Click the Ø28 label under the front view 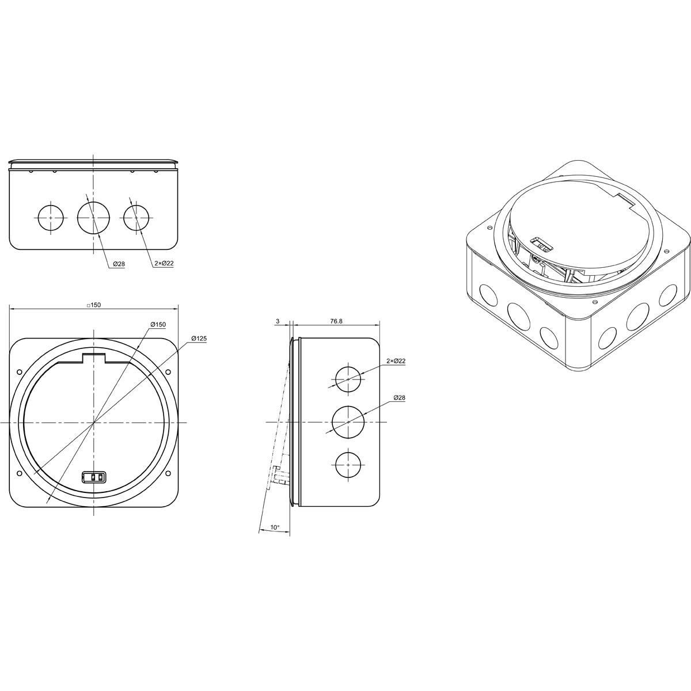tap(119, 264)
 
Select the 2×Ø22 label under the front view tap(164, 263)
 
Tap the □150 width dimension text tap(94, 305)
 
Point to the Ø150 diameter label tap(158, 325)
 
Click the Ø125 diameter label tap(199, 338)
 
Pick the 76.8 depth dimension tap(336, 321)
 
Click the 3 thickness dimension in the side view tap(278, 321)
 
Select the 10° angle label tap(275, 537)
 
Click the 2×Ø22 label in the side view tap(396, 361)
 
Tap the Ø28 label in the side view tap(399, 398)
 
